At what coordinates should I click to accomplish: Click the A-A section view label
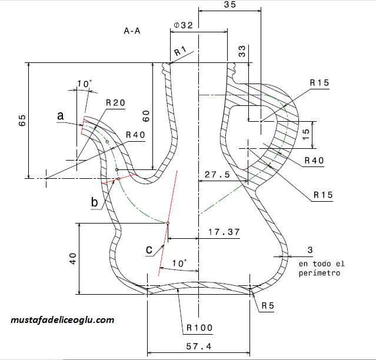tap(132, 31)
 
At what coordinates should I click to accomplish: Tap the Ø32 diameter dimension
tap(183, 25)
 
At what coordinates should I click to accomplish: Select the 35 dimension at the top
tap(230, 4)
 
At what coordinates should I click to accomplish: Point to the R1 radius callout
tap(180, 51)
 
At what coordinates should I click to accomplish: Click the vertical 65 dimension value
tap(22, 121)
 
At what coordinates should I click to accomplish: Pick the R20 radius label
tap(115, 103)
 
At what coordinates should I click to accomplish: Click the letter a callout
tap(61, 115)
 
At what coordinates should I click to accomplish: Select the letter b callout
tap(95, 202)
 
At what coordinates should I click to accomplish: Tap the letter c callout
tap(149, 249)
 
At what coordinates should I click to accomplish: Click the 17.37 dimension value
tap(224, 232)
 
